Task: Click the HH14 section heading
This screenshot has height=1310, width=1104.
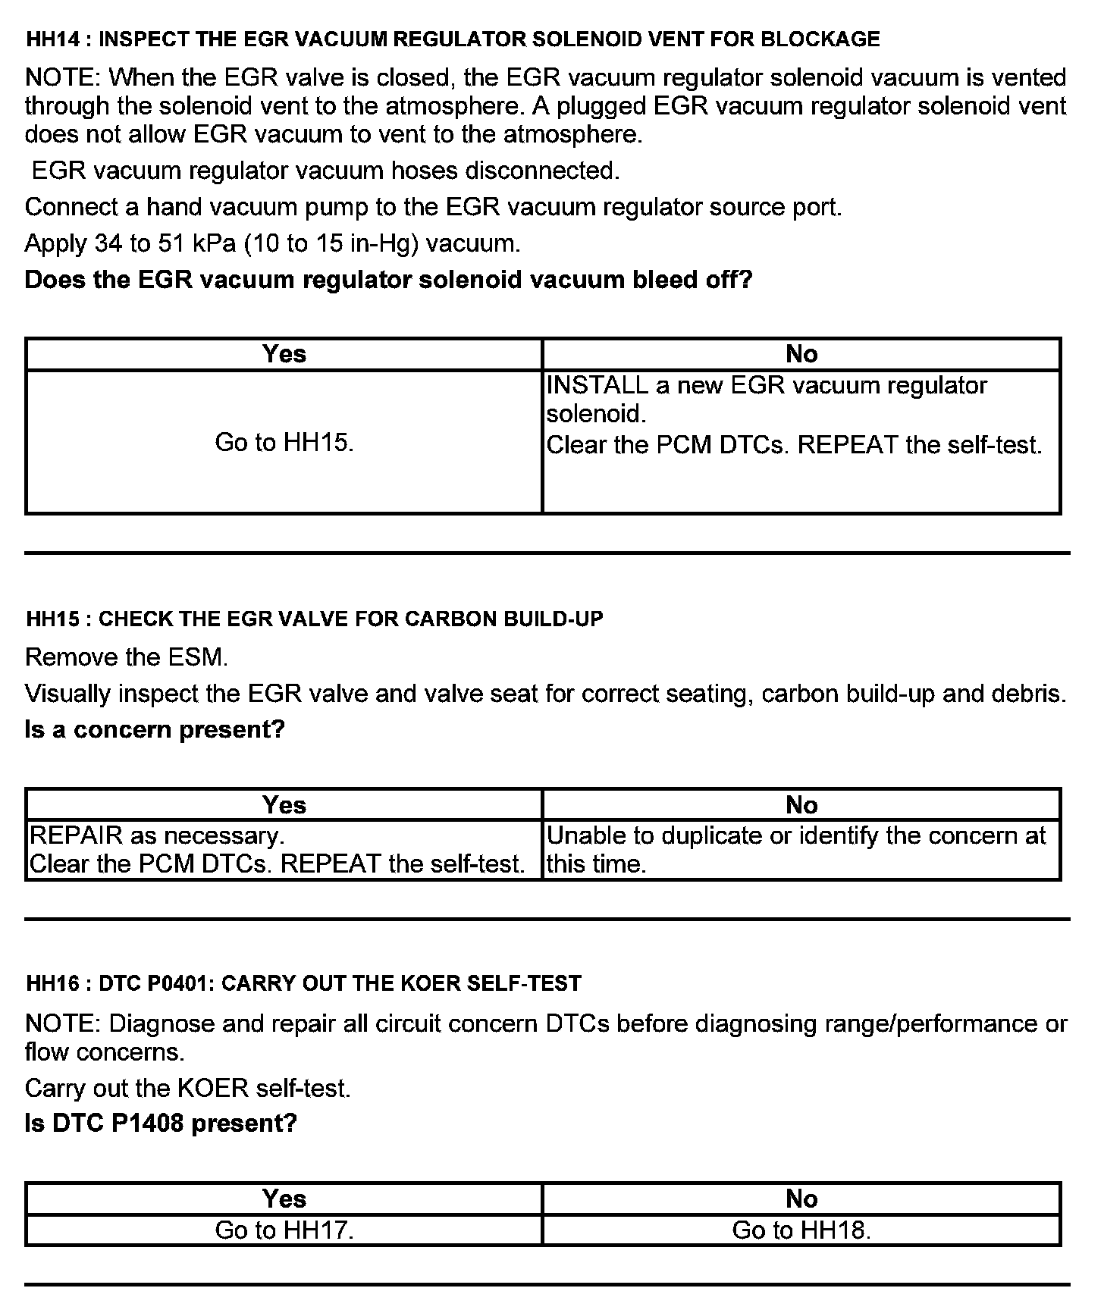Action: coord(453,39)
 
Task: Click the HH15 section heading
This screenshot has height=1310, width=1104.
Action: coord(315,619)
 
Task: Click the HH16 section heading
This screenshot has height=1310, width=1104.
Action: coord(303,983)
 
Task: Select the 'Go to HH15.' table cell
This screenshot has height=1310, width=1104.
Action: coord(284,442)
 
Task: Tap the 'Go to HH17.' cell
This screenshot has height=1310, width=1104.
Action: coord(284,1230)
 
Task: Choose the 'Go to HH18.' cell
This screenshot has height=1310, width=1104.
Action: coord(801,1230)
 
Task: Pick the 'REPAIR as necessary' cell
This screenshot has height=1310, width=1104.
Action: coord(277,849)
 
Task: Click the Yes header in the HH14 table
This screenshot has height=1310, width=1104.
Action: coord(284,354)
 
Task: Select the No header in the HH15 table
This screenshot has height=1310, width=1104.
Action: coord(801,804)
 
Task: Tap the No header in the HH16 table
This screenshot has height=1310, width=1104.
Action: coord(801,1199)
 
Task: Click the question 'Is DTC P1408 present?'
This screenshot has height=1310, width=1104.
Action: coord(161,1123)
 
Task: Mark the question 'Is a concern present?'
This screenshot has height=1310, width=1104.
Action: coord(155,729)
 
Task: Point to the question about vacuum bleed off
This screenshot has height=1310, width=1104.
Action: coord(388,280)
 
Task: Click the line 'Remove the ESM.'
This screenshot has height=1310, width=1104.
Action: coord(127,657)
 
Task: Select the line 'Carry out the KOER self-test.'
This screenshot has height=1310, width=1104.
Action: coord(188,1088)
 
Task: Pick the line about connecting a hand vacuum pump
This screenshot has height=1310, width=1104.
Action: coord(433,207)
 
